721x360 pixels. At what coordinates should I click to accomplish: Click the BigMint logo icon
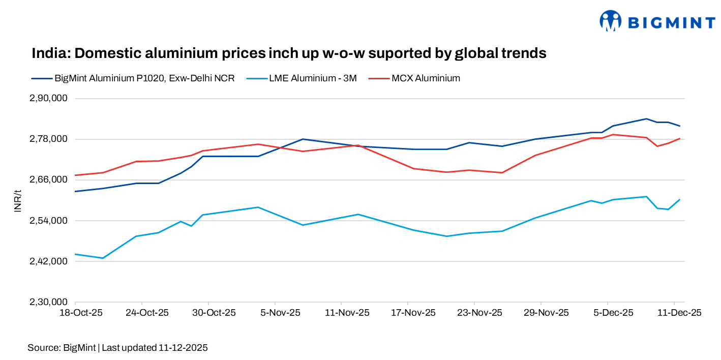coord(611,21)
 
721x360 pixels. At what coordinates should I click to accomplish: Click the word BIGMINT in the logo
coord(672,22)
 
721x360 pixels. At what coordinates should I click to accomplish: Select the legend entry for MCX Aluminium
coord(426,78)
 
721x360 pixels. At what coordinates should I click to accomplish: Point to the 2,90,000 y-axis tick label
coord(50,98)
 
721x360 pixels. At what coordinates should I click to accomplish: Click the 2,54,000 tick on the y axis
coord(50,221)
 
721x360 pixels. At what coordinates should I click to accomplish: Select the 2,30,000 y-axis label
coord(50,302)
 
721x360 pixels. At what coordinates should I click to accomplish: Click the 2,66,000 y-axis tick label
coord(50,180)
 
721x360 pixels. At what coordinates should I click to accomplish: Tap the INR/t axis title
coord(18,200)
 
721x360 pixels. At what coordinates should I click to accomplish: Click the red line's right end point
coord(680,138)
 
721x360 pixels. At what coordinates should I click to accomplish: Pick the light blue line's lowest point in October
coord(103,258)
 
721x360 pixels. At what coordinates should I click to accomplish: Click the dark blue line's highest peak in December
coord(646,118)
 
